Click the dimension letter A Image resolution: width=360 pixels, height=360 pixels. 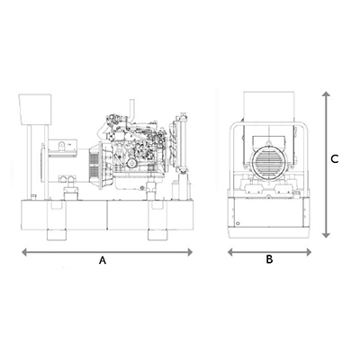pos(103,260)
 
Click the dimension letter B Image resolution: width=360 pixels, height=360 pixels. pos(269,259)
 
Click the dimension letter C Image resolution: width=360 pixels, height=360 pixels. pos(335,159)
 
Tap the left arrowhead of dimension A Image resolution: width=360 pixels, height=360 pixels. pos(24,252)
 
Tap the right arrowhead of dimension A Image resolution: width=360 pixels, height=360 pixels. pos(190,252)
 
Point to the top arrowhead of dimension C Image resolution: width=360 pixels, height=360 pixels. pos(326,94)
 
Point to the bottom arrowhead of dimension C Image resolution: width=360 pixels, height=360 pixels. pos(326,235)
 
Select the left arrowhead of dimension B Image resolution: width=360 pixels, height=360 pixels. pos(230,252)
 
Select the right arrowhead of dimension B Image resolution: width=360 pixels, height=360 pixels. pos(309,252)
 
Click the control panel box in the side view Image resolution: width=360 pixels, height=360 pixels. pos(35,109)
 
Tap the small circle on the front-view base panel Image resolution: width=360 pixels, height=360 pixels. pos(238,223)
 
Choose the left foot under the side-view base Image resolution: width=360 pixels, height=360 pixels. pos(57,235)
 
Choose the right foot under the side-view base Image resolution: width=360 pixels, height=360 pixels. pos(157,235)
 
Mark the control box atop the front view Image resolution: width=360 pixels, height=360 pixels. pos(268,107)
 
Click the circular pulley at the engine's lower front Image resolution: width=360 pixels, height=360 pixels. pos(131,163)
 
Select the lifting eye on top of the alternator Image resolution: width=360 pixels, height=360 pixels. pos(61,145)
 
